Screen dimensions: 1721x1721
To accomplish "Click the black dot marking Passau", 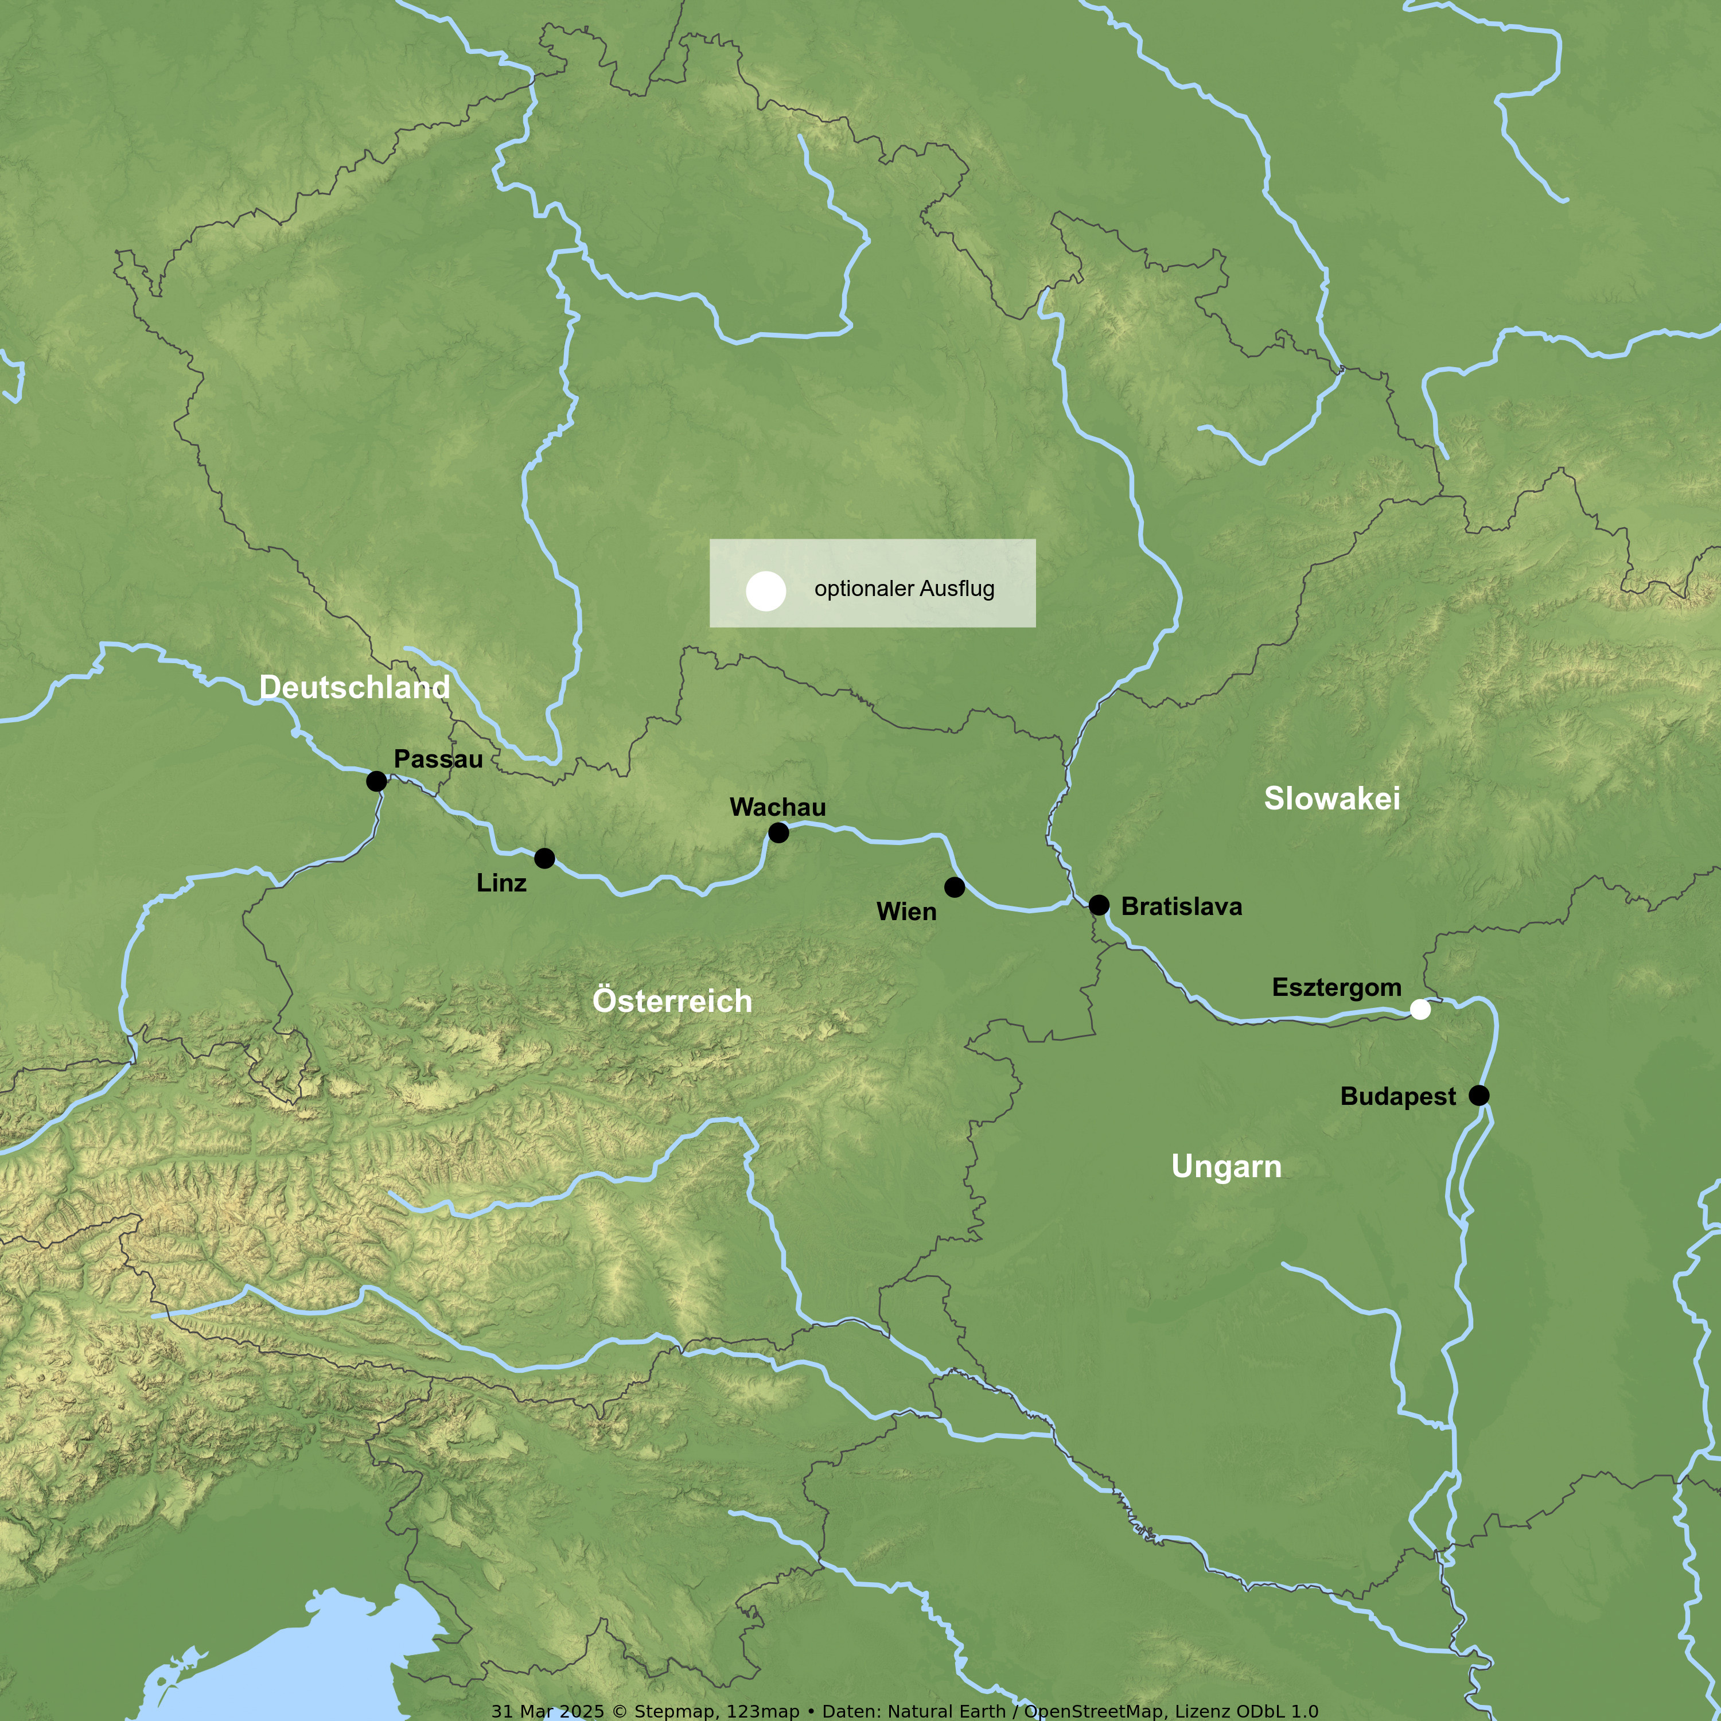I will [x=377, y=781].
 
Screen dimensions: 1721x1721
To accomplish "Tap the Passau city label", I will [x=438, y=759].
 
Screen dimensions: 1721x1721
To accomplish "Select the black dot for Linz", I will [x=544, y=858].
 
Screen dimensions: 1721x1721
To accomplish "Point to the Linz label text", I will [x=501, y=883].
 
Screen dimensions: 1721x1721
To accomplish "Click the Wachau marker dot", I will [x=778, y=832].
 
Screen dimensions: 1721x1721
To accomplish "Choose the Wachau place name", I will [x=778, y=807].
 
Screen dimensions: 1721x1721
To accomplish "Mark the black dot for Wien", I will [x=954, y=886].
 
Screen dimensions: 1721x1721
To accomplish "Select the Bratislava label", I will [x=1181, y=906].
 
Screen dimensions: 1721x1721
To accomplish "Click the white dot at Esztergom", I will [x=1421, y=1009].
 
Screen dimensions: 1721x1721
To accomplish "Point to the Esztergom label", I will [x=1336, y=987].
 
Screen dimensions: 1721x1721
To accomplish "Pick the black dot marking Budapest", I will [x=1479, y=1095].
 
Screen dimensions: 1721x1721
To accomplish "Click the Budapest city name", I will [x=1397, y=1096].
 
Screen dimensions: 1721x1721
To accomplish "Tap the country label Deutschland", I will [x=355, y=687].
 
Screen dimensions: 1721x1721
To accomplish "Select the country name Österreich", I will [x=672, y=1000].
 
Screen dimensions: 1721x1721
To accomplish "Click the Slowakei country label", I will [x=1331, y=798].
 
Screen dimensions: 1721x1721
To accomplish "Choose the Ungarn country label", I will [x=1226, y=1166].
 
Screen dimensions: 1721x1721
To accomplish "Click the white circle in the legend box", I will [x=765, y=591].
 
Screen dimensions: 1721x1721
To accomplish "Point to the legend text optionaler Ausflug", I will [x=904, y=589].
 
